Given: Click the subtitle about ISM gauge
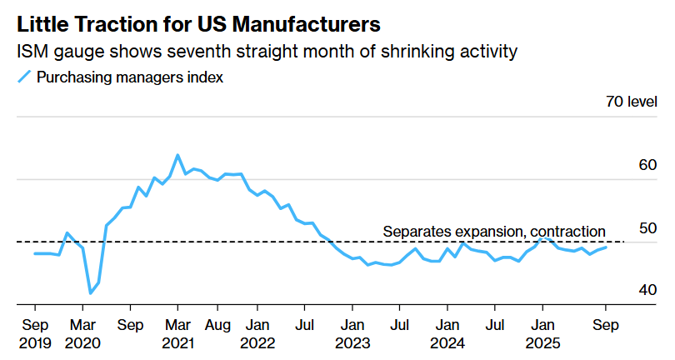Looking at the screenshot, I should [267, 52].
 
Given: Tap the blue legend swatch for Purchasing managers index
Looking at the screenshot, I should [25, 77].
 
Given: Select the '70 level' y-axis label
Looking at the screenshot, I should [632, 102].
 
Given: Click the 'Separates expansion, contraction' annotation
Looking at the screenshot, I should [493, 231].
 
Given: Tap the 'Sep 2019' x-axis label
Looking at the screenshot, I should [34, 332].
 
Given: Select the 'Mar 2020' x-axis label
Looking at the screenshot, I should [82, 332].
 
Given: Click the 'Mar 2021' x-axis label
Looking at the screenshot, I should [177, 332].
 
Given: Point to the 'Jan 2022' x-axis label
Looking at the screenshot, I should [257, 332].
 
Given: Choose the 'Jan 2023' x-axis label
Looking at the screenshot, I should [352, 332].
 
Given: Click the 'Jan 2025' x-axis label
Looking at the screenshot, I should [542, 332].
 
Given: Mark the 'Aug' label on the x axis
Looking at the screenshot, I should [217, 323].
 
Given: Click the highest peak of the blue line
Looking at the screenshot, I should [177, 155].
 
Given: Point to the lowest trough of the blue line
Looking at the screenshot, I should [90, 293].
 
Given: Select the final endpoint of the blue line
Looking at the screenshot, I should [606, 247].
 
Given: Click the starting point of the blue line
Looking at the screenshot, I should [34, 253].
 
